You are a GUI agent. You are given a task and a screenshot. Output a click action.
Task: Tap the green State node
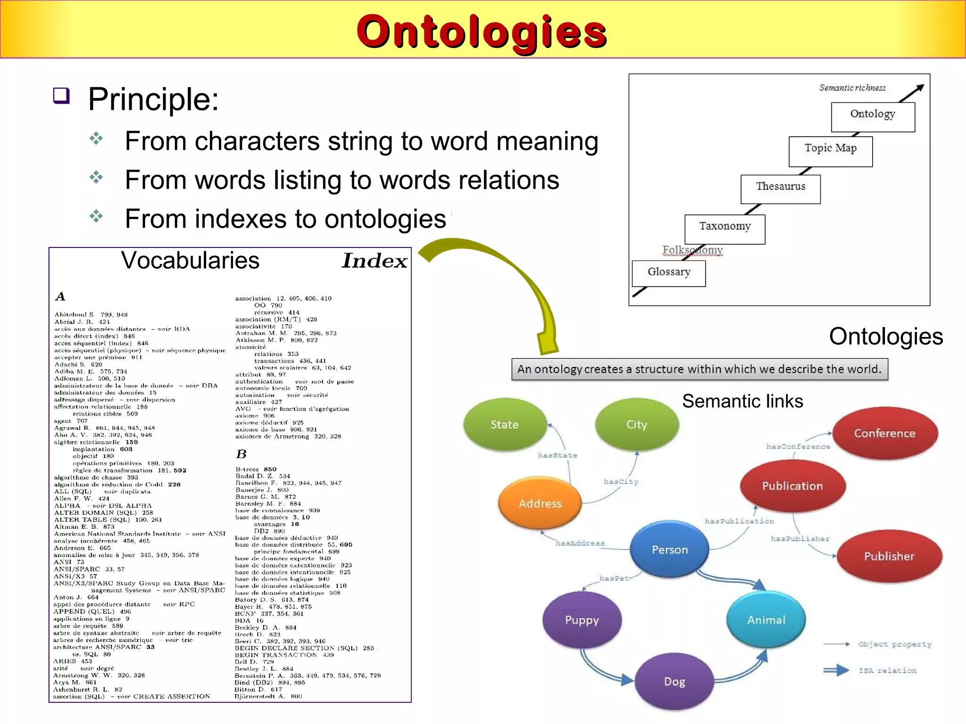(x=505, y=425)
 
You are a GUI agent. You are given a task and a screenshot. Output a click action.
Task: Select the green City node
(x=637, y=425)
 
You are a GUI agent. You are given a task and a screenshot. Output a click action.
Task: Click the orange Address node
(x=540, y=503)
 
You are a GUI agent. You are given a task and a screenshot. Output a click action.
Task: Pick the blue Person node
(x=670, y=550)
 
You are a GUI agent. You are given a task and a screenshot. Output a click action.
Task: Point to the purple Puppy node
(x=582, y=620)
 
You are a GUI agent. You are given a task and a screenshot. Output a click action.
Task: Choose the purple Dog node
(x=675, y=682)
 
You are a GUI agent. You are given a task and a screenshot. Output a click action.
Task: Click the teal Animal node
(x=766, y=620)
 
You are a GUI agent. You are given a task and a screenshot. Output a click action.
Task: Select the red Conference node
(x=884, y=433)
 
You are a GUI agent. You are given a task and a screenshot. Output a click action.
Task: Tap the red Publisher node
(x=889, y=556)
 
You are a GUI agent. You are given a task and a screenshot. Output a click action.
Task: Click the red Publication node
(x=792, y=486)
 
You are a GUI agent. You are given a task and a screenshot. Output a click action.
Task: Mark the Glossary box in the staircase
(x=669, y=272)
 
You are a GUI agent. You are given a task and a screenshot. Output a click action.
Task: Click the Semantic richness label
(x=852, y=88)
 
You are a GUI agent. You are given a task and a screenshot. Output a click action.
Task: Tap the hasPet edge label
(x=614, y=578)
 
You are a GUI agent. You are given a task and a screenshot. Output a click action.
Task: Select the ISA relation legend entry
(x=887, y=670)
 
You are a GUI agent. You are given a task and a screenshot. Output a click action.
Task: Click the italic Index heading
(x=375, y=261)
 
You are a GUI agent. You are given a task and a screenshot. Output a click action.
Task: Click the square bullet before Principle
(x=61, y=96)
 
